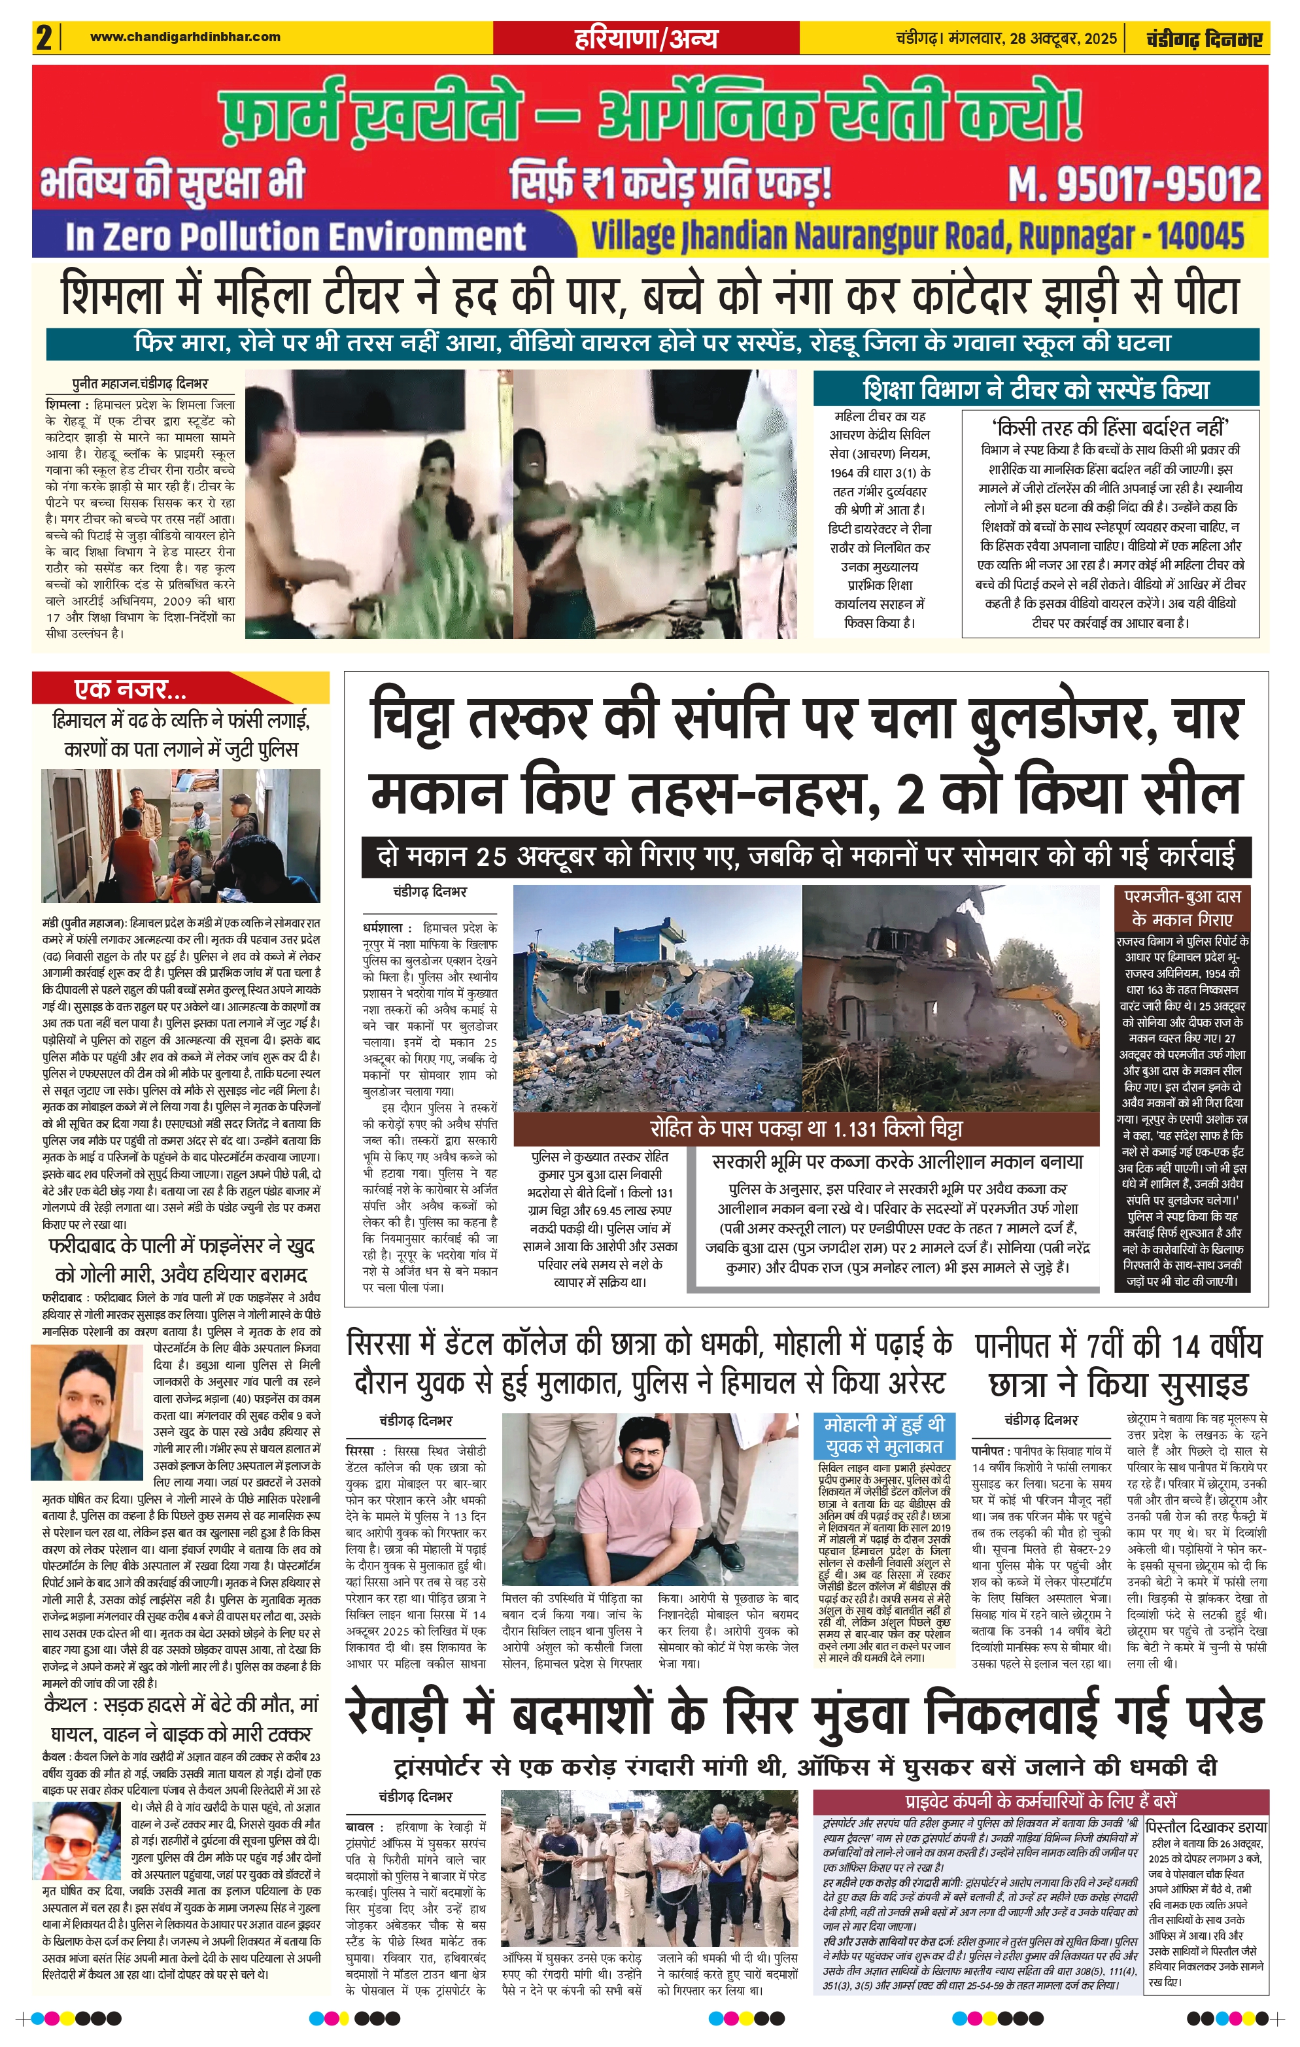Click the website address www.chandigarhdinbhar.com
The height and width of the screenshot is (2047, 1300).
(x=184, y=37)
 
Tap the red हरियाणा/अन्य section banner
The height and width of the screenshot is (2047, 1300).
(x=645, y=38)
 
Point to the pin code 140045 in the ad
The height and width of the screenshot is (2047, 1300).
(x=1200, y=235)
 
